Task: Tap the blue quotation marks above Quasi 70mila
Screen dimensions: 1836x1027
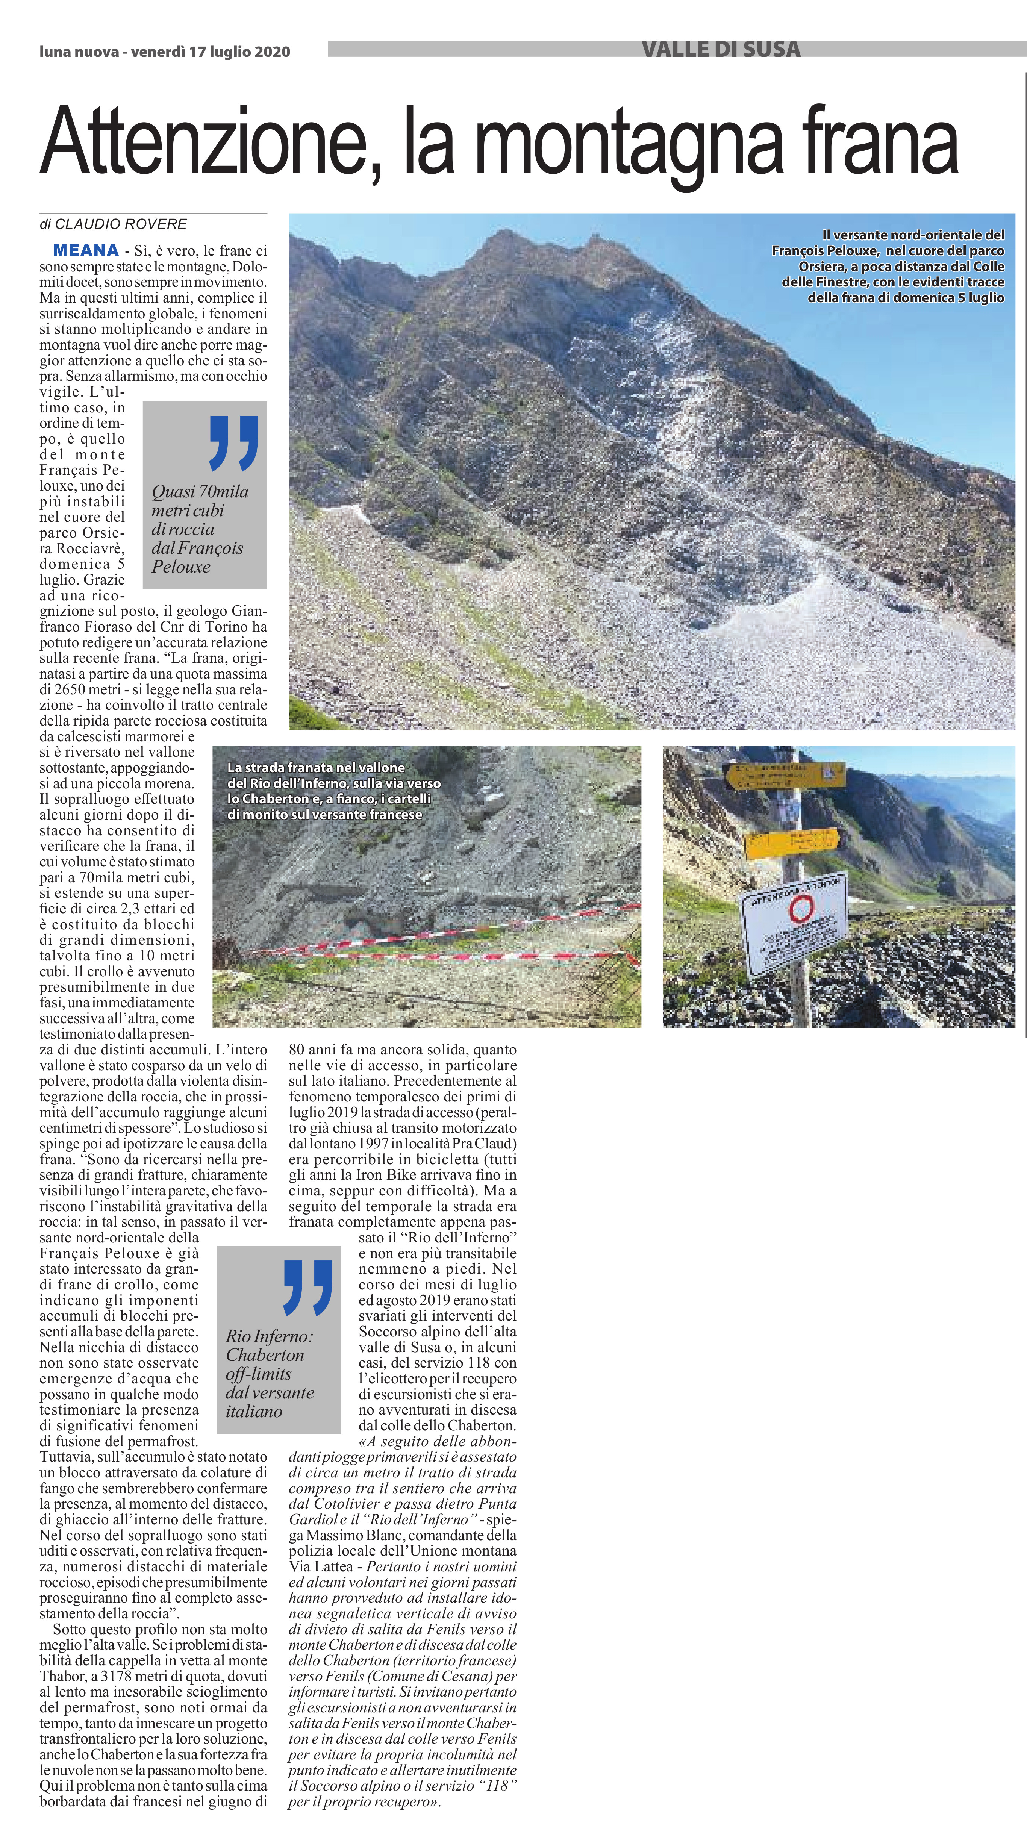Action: pyautogui.click(x=233, y=443)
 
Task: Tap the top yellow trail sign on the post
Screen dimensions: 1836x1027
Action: pyautogui.click(x=784, y=775)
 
